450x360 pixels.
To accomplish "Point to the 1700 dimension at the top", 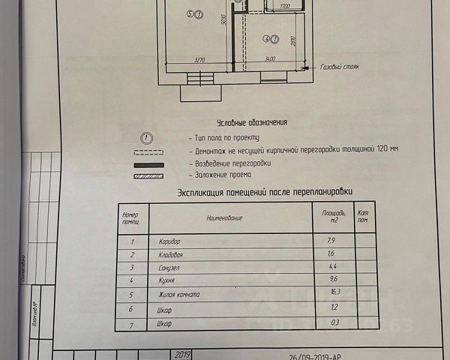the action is [283, 6].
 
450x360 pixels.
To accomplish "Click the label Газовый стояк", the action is [340, 67].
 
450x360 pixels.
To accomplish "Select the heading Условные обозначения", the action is [252, 122].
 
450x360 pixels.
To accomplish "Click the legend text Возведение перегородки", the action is [232, 163].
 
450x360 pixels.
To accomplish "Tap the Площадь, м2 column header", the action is [332, 217].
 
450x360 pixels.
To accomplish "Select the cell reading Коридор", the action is [170, 242].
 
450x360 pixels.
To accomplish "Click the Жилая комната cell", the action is [179, 294].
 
